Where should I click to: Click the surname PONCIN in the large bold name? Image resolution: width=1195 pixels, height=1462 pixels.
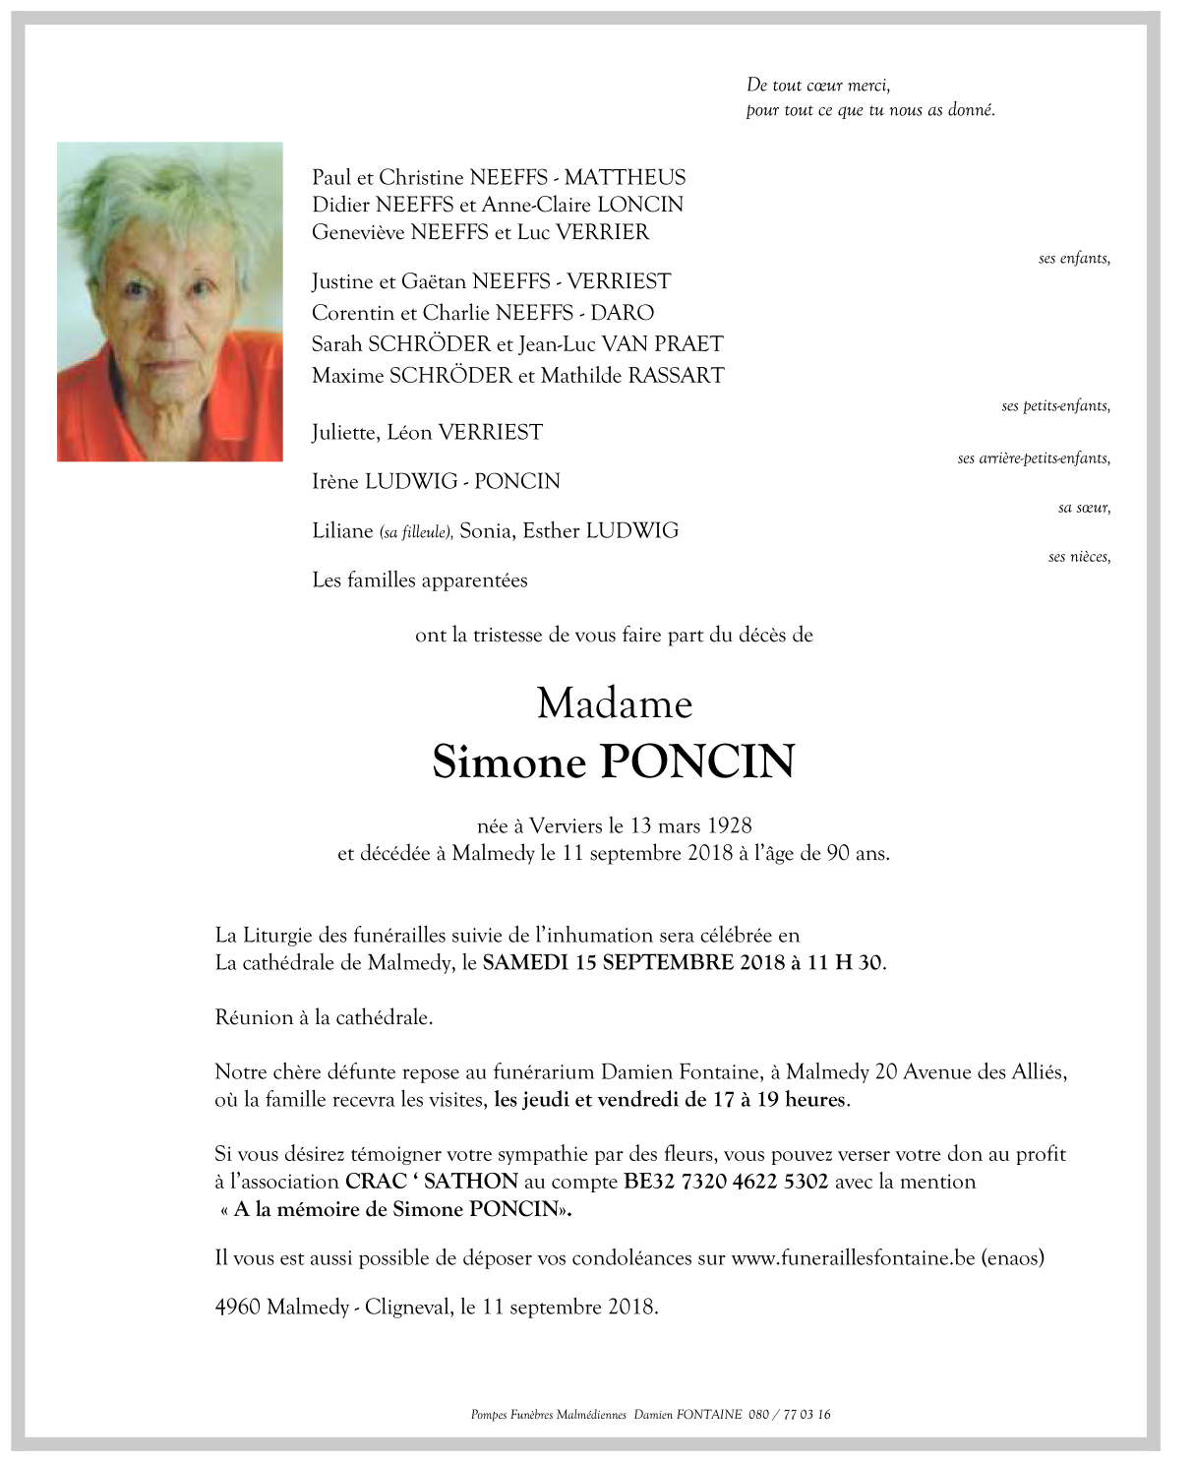(x=696, y=761)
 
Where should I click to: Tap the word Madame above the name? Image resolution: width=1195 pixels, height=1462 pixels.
(x=615, y=703)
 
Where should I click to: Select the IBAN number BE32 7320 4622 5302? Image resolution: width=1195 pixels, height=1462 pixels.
(x=726, y=1182)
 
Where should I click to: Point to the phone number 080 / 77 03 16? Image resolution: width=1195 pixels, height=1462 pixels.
(x=789, y=1415)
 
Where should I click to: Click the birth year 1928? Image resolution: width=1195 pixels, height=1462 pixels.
(x=729, y=825)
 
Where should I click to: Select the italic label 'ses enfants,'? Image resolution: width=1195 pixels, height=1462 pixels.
(x=1074, y=259)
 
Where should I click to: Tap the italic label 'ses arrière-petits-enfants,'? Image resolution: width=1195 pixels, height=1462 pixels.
(x=1034, y=458)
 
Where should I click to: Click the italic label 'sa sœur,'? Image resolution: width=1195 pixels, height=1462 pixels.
(x=1084, y=508)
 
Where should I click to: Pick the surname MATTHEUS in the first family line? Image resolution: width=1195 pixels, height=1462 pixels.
(x=625, y=177)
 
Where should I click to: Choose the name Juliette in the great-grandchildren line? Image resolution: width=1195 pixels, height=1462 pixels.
(x=344, y=433)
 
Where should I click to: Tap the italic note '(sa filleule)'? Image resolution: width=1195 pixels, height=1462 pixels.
(x=416, y=532)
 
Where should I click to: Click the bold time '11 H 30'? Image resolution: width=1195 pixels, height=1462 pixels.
(x=844, y=962)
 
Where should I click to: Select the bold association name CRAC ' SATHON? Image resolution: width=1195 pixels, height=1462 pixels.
(x=431, y=1182)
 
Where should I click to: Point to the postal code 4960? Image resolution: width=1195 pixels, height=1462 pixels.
(x=237, y=1308)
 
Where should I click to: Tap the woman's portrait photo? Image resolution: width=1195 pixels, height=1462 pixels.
(x=170, y=302)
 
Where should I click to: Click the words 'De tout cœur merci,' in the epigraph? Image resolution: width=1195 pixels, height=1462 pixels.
(x=818, y=86)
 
